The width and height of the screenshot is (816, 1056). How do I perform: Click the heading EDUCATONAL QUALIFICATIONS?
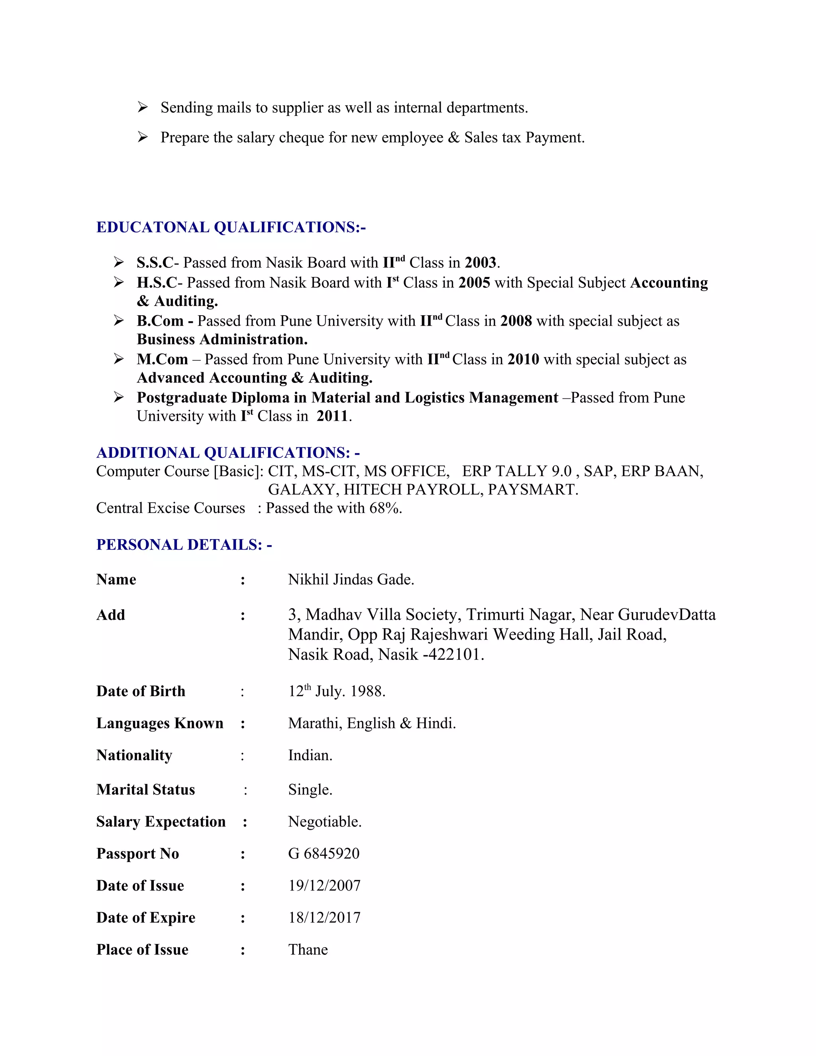[231, 227]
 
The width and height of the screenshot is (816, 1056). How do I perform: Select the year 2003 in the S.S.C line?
[481, 263]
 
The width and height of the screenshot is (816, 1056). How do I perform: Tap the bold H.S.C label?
[157, 283]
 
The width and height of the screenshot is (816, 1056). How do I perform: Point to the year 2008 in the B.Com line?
[516, 322]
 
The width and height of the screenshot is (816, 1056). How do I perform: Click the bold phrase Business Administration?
[222, 340]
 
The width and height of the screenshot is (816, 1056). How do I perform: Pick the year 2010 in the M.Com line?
[523, 360]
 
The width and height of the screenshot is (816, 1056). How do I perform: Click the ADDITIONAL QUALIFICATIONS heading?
[228, 453]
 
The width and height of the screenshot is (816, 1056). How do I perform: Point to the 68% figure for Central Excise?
[385, 508]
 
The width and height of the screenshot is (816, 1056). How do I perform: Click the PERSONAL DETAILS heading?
[184, 545]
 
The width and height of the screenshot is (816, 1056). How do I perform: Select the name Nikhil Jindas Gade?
[351, 580]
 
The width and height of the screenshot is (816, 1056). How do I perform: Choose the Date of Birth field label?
[141, 691]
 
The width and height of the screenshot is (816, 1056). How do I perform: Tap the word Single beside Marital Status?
[309, 790]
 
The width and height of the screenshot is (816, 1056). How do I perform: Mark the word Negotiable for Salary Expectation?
[324, 822]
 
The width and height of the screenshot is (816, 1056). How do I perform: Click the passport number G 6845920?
[324, 854]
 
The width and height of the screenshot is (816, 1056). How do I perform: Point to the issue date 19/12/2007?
[324, 886]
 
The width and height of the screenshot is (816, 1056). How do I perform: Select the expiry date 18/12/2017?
[324, 918]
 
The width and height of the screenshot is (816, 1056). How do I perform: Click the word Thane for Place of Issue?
[308, 950]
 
